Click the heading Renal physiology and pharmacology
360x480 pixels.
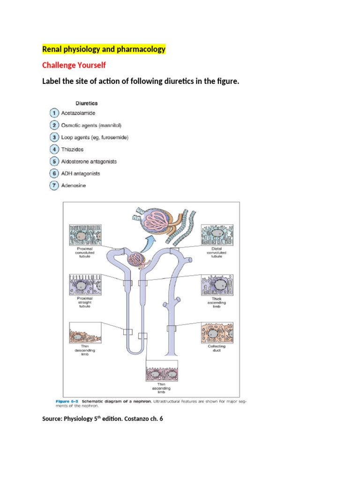(104, 49)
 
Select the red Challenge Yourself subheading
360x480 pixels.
(74, 65)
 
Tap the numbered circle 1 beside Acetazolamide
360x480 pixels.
(54, 113)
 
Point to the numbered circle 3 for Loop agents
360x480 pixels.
(54, 137)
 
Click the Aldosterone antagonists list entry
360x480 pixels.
(89, 161)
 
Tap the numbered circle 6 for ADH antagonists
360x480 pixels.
(54, 173)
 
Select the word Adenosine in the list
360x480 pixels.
(74, 186)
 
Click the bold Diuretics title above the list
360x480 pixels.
(87, 103)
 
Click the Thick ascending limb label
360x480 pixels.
(216, 302)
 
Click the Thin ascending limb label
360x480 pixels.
(161, 388)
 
